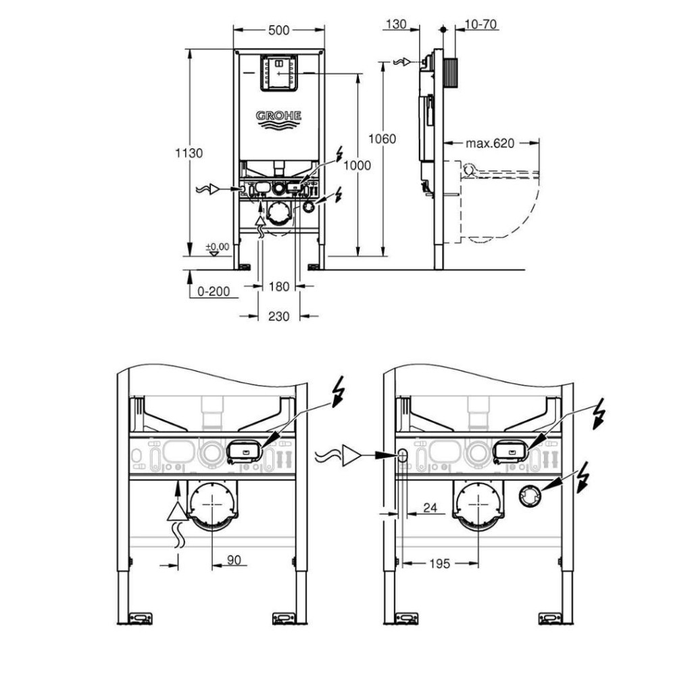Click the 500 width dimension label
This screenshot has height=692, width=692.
tap(279, 30)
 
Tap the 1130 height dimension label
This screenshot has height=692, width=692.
tap(189, 153)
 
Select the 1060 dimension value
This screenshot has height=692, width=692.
tap(382, 139)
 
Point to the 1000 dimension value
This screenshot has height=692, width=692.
tap(357, 166)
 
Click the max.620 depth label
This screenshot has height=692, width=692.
tap(490, 143)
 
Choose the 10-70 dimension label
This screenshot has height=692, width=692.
tap(481, 24)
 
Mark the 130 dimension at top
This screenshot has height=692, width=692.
tap(395, 24)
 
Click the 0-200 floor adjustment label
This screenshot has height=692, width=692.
tap(214, 291)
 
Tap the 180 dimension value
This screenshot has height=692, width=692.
tap(279, 287)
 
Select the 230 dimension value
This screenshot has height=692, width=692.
tap(279, 316)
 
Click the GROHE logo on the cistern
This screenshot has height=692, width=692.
tap(278, 116)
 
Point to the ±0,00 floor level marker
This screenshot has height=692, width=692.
tap(218, 246)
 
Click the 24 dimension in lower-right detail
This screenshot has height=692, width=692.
tap(430, 508)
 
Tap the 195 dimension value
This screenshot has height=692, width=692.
tap(439, 564)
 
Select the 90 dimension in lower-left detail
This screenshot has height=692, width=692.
tap(234, 560)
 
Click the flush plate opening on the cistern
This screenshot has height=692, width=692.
tap(278, 73)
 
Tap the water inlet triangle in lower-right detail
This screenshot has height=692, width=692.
tap(351, 455)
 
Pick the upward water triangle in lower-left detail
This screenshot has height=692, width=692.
tap(178, 511)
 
